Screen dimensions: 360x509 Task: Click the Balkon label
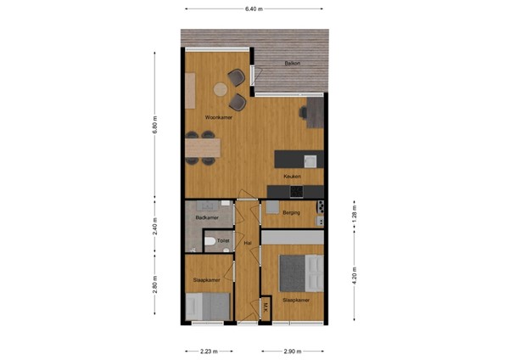coord(293,64)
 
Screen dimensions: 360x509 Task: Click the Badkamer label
coord(207,218)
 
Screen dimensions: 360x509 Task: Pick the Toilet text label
coord(223,241)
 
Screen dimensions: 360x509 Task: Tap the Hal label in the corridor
coord(248,245)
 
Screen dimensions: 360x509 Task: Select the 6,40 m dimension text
coord(254,8)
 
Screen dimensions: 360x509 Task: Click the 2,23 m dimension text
coord(207,351)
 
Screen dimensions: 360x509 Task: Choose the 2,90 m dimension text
coord(292,351)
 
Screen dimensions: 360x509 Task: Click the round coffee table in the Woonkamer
coord(220,88)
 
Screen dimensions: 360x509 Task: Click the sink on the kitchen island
coord(310,160)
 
